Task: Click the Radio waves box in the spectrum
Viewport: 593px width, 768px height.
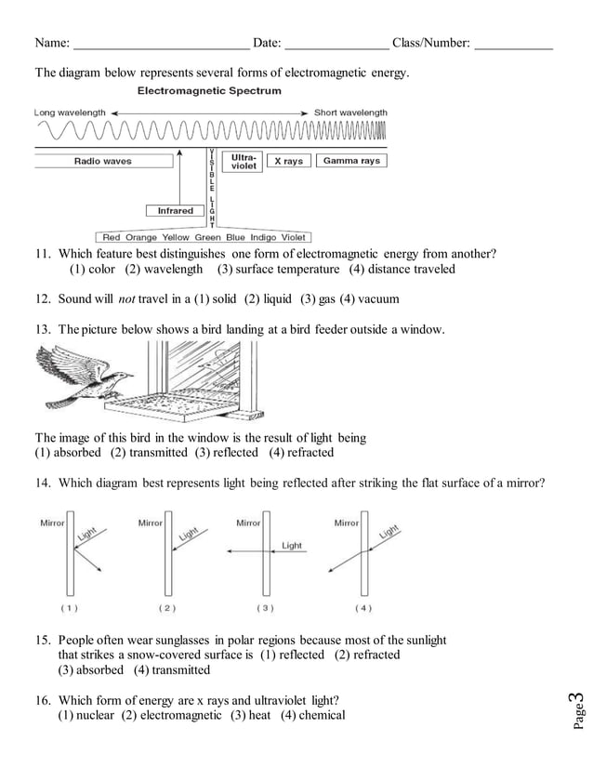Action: click(x=103, y=161)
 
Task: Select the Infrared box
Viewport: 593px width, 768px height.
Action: click(x=175, y=211)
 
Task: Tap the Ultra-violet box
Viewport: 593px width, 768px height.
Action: click(x=244, y=161)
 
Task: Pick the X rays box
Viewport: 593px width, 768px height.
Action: click(x=288, y=161)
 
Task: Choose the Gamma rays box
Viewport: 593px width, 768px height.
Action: click(x=351, y=161)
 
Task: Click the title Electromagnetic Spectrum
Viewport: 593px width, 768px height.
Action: click(x=209, y=91)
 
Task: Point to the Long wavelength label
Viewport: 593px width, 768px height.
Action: click(x=70, y=113)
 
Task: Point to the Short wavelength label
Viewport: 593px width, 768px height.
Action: click(x=350, y=113)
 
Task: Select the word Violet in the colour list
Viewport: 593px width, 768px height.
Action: click(x=293, y=238)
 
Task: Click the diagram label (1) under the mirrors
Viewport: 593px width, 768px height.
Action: click(x=70, y=607)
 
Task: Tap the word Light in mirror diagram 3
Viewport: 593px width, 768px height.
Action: click(x=292, y=546)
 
